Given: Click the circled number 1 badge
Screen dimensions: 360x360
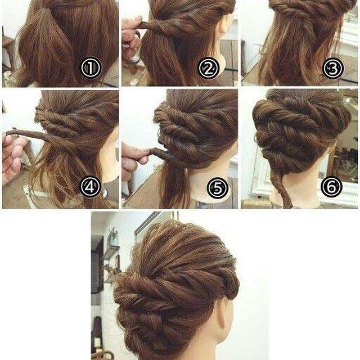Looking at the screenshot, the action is (91, 67).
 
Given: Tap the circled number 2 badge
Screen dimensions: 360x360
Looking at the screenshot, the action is (209, 67).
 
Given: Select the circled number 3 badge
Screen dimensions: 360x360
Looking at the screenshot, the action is (332, 68).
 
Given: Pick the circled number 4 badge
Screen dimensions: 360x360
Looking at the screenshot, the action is (91, 187).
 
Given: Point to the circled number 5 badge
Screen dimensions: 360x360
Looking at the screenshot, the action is (218, 188).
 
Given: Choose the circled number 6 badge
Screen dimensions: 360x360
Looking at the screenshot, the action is (331, 187).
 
